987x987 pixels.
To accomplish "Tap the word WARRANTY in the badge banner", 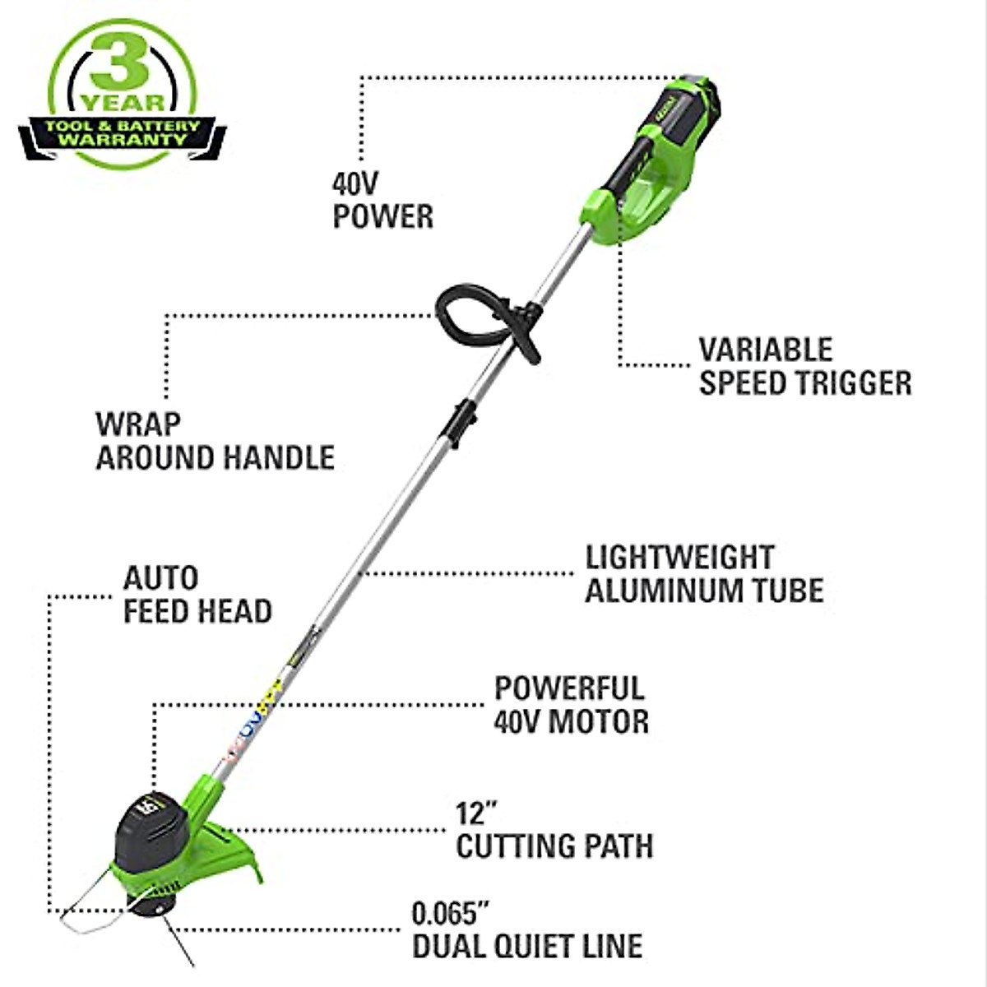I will coord(123,140).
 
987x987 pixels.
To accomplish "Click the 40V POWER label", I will coord(382,200).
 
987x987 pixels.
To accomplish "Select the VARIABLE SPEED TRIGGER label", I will coord(804,367).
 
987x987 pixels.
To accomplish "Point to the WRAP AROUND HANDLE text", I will coord(215,442).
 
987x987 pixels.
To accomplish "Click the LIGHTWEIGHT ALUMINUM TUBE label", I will coord(703,574).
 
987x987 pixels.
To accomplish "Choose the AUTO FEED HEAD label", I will coord(197,595).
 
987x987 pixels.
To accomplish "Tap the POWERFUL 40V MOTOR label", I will coord(571,705).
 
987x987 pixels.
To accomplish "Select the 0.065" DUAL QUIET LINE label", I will coord(526,930).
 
